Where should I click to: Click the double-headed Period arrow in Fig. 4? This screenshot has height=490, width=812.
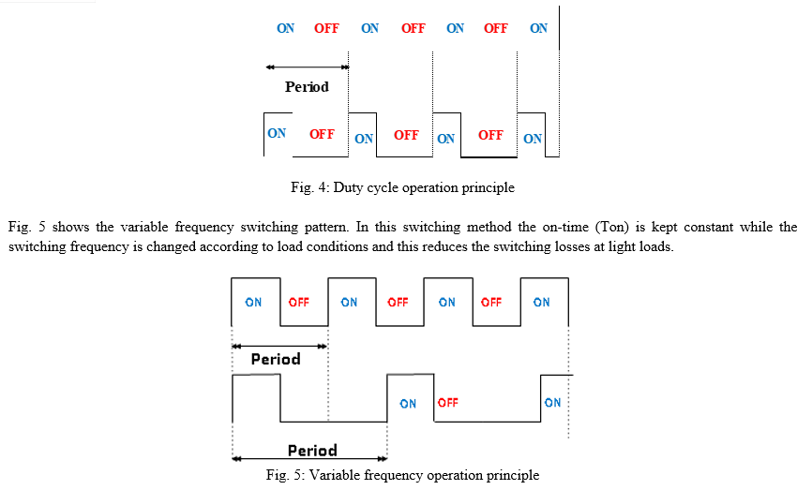[308, 67]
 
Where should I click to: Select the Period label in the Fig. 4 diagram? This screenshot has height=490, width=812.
[307, 86]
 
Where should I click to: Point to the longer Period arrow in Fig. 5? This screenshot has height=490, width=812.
[309, 458]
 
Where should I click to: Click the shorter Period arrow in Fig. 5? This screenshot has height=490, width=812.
[279, 346]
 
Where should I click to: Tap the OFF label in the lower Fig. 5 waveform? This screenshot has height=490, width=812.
[448, 403]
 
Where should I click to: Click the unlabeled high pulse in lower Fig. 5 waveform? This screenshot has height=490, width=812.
[256, 375]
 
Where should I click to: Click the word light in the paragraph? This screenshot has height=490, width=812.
[621, 246]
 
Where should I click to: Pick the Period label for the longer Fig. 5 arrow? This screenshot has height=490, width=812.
[312, 450]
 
